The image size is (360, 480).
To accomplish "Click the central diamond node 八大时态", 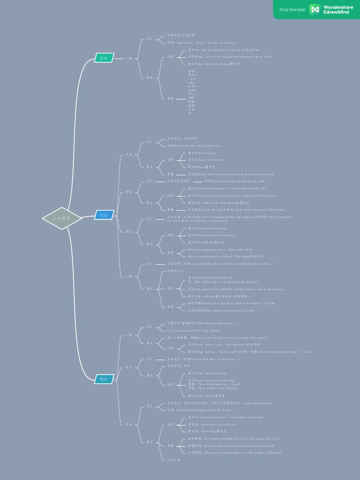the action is [x=62, y=218].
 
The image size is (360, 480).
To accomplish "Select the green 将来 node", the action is [x=104, y=58].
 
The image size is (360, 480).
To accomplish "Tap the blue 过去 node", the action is [x=104, y=215].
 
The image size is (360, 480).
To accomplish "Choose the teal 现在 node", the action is [x=104, y=379].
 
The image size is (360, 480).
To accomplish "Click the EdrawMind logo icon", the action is [x=315, y=9].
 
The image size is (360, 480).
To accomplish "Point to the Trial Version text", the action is [x=292, y=9].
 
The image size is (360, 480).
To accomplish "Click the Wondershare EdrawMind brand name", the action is [x=338, y=9].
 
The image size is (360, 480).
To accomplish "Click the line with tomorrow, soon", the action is [x=202, y=42].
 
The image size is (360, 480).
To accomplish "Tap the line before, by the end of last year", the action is [x=196, y=146].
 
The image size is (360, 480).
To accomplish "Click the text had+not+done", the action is [x=206, y=160].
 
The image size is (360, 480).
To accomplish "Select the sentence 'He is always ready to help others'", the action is [x=194, y=330].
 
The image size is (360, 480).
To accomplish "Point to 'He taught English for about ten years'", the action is [x=233, y=439].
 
